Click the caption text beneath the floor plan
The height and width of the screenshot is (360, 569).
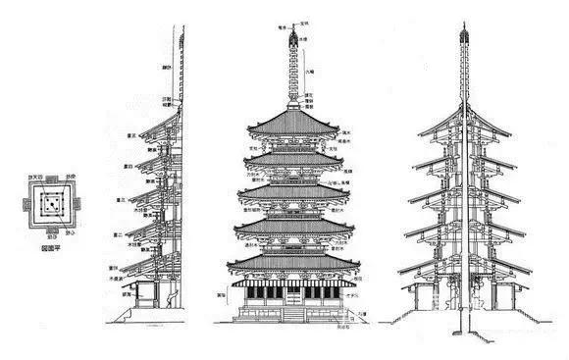click(x=45, y=249)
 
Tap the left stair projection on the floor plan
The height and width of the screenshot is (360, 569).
click(x=19, y=205)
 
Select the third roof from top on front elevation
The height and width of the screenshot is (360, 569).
click(x=292, y=191)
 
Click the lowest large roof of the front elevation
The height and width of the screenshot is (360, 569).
click(x=292, y=261)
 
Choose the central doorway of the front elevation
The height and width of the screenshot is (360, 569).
click(x=292, y=293)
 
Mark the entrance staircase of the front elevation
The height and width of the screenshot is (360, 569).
click(x=292, y=315)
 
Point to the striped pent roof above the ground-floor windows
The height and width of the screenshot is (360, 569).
click(x=292, y=283)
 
